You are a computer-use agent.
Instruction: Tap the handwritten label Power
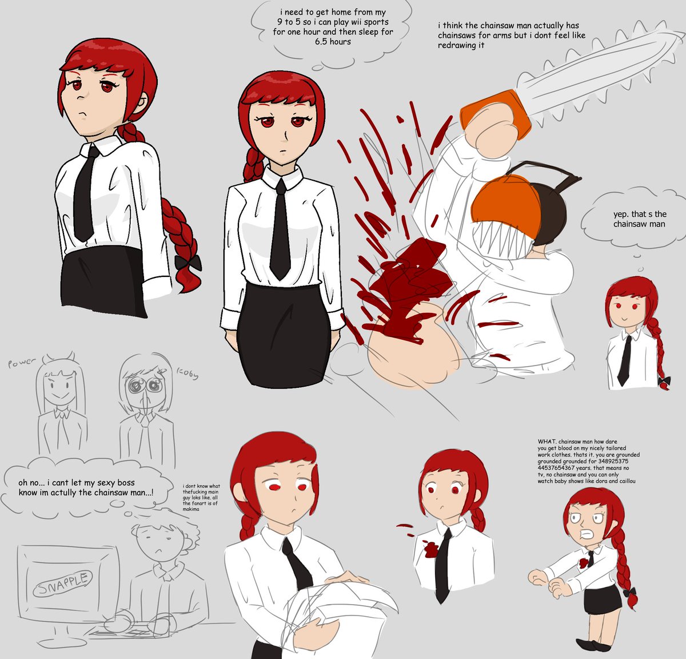[x=22, y=363]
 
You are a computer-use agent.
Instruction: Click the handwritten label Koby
[x=188, y=374]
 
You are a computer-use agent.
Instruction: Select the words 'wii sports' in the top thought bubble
[x=369, y=22]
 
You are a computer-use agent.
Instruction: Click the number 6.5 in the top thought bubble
[x=322, y=42]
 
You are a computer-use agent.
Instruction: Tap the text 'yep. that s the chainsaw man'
[x=640, y=219]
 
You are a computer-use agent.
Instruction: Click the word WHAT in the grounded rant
[x=547, y=441]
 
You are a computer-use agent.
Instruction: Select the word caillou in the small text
[x=626, y=481]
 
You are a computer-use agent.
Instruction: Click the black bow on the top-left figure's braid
[x=188, y=263]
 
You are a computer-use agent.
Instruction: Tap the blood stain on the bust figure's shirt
[x=431, y=549]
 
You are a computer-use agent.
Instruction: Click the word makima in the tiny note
[x=191, y=509]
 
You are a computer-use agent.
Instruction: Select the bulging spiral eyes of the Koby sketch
[x=145, y=386]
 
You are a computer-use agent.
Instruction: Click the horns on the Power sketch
[x=58, y=358]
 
